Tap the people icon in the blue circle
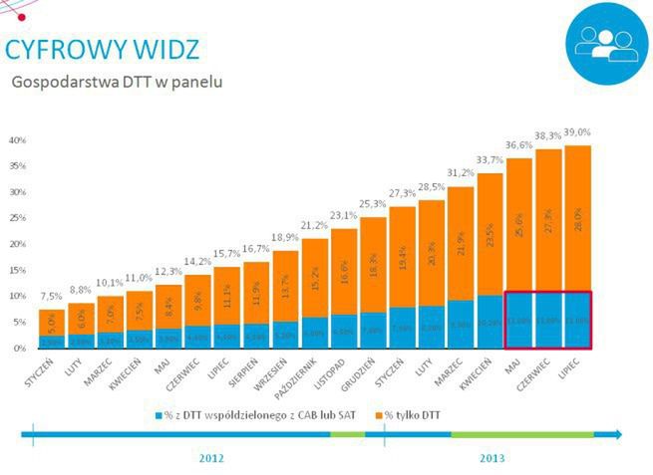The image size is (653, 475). click(x=606, y=42)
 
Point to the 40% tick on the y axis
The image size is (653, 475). click(x=17, y=140)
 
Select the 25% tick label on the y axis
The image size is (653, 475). click(x=17, y=218)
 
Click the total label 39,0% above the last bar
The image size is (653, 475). click(x=576, y=132)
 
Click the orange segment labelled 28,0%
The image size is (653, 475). click(x=577, y=219)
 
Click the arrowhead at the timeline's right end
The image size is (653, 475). click(x=619, y=434)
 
